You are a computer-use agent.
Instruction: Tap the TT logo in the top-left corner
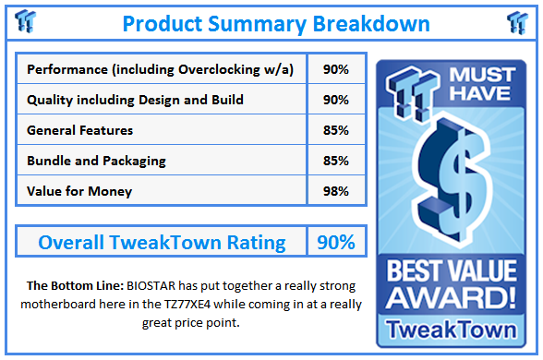[x=27, y=22]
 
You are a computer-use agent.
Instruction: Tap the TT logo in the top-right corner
[x=517, y=22]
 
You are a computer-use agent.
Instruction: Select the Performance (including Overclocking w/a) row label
[x=161, y=70]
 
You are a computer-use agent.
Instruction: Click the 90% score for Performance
[x=335, y=70]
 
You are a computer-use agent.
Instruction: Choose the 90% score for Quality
[x=335, y=100]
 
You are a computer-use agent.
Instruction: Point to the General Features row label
[x=80, y=130]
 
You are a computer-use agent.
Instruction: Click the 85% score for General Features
[x=335, y=130]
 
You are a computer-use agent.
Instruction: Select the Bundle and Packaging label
[x=97, y=161]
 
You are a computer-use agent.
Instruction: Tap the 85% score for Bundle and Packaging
[x=335, y=161]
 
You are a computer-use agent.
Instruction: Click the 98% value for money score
[x=335, y=191]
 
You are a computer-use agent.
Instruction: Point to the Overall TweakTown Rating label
[x=162, y=243]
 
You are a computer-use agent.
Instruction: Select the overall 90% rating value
[x=335, y=243]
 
